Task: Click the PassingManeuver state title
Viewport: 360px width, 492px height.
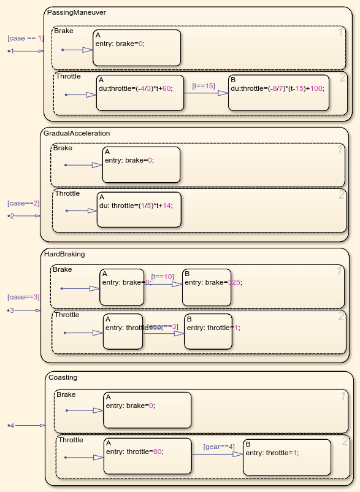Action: (71, 12)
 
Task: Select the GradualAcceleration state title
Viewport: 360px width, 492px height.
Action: (77, 133)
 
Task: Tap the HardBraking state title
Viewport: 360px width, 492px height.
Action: (64, 253)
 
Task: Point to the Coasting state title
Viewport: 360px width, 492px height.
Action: (63, 377)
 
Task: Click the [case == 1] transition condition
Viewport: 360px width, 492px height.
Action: (25, 38)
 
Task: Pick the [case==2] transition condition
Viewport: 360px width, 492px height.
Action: (23, 203)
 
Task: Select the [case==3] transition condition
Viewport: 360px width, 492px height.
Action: (23, 297)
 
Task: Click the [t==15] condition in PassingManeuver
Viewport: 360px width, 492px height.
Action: (204, 86)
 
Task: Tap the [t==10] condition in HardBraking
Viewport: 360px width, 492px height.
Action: (163, 277)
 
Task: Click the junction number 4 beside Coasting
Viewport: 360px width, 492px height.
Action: (11, 425)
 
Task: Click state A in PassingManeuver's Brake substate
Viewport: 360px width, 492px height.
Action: (137, 47)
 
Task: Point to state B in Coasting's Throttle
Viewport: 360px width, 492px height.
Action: (287, 457)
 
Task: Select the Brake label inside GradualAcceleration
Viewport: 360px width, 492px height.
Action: (63, 148)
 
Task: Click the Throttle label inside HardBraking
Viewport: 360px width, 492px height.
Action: (67, 315)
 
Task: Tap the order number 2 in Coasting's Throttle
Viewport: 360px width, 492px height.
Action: (345, 441)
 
